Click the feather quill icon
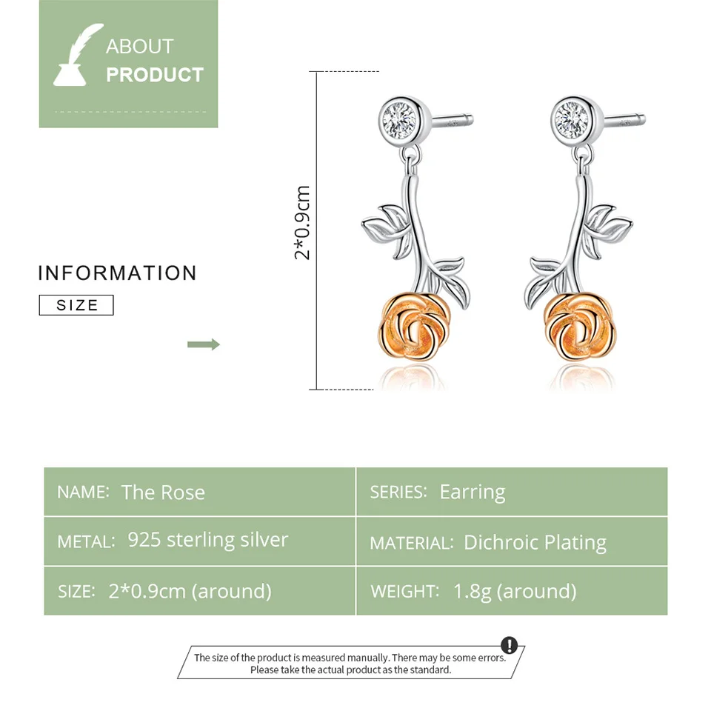click(78, 55)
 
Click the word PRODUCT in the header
click(154, 75)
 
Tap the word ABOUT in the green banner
click(139, 47)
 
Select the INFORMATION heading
click(117, 273)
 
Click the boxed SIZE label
click(76, 305)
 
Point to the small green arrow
click(204, 344)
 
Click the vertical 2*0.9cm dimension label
click(302, 222)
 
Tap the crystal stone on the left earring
click(404, 116)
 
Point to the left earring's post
click(452, 118)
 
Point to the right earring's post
click(624, 118)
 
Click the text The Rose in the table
click(163, 493)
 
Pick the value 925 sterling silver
click(207, 540)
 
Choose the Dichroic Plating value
click(535, 543)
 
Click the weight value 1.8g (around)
click(515, 591)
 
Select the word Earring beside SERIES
click(473, 492)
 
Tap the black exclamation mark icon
click(510, 645)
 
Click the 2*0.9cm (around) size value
click(190, 591)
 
